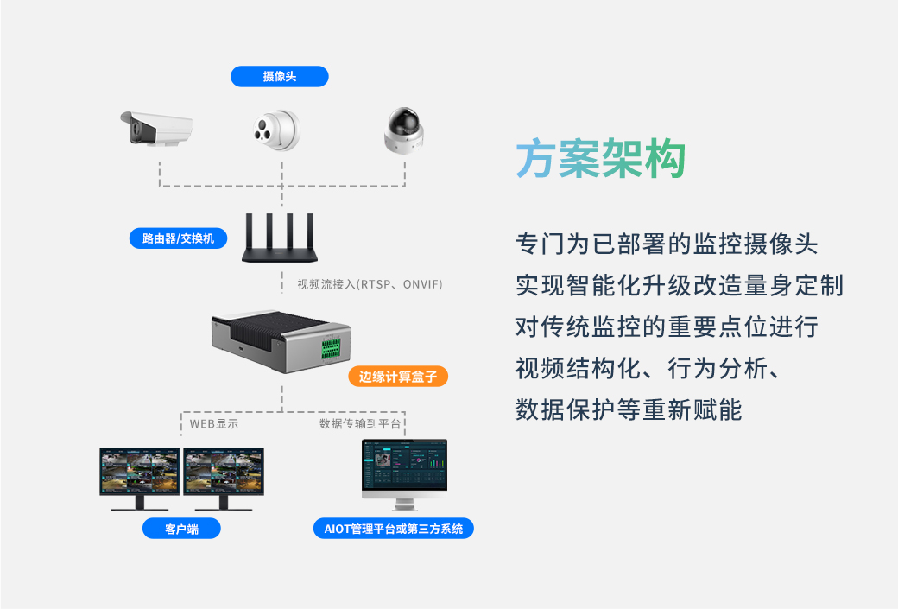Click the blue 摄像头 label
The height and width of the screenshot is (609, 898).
(x=279, y=77)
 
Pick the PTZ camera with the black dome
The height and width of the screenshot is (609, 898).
(x=405, y=130)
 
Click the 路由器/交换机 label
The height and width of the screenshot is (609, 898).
(x=178, y=238)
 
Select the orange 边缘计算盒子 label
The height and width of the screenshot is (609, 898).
(x=398, y=377)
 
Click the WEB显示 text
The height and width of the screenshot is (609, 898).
(x=214, y=424)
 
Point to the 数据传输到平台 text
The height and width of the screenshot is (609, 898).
(x=360, y=424)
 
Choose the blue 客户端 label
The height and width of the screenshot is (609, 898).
(x=181, y=529)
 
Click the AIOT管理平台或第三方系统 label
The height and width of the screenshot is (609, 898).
(x=393, y=529)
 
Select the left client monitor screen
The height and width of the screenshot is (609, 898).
(x=139, y=472)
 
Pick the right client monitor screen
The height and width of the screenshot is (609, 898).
(x=224, y=472)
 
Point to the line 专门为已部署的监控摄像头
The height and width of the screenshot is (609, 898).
(x=666, y=244)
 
